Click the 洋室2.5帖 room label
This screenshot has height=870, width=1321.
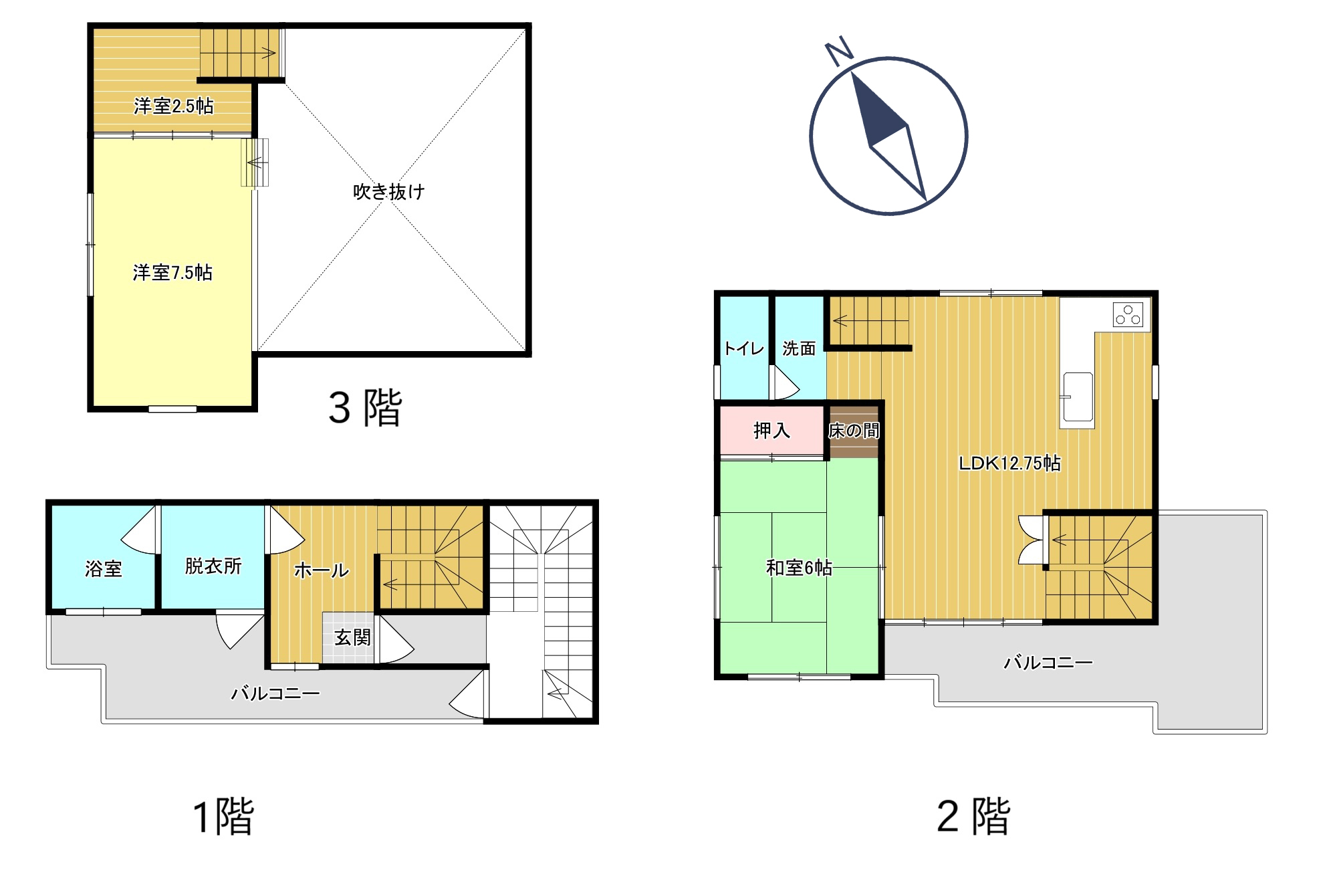(x=174, y=106)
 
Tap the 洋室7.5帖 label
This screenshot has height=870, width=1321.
(x=172, y=273)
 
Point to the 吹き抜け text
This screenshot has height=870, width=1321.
(x=389, y=192)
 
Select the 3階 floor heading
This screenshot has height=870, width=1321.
(x=365, y=407)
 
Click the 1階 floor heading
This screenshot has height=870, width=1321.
(x=223, y=816)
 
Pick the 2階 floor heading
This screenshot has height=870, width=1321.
(x=973, y=816)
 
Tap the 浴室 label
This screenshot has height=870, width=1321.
(x=104, y=569)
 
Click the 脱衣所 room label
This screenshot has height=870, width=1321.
(x=213, y=566)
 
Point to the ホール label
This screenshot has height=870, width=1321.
(x=322, y=570)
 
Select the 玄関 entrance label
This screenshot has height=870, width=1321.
(x=352, y=637)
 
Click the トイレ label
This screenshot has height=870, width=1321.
(x=744, y=348)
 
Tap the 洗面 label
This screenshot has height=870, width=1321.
(x=799, y=348)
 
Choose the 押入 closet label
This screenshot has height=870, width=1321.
(x=772, y=431)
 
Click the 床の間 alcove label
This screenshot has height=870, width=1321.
(x=854, y=431)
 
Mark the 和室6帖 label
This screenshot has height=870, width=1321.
(x=799, y=568)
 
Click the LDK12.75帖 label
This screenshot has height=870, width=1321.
(x=1009, y=463)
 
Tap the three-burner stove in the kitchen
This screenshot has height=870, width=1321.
(x=1128, y=314)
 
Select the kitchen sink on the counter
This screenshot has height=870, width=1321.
(x=1076, y=397)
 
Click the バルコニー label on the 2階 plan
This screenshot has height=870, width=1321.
(x=1048, y=663)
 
